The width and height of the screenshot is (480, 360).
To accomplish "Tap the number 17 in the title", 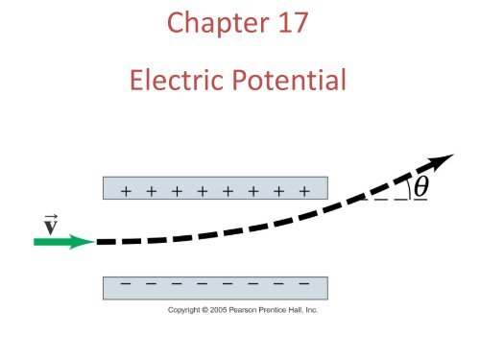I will tap(288, 22).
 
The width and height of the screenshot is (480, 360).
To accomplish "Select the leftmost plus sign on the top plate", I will tap(127, 191).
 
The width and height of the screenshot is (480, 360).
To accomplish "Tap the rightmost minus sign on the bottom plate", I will tap(303, 285).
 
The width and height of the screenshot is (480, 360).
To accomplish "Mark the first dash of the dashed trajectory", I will tap(107, 241).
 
